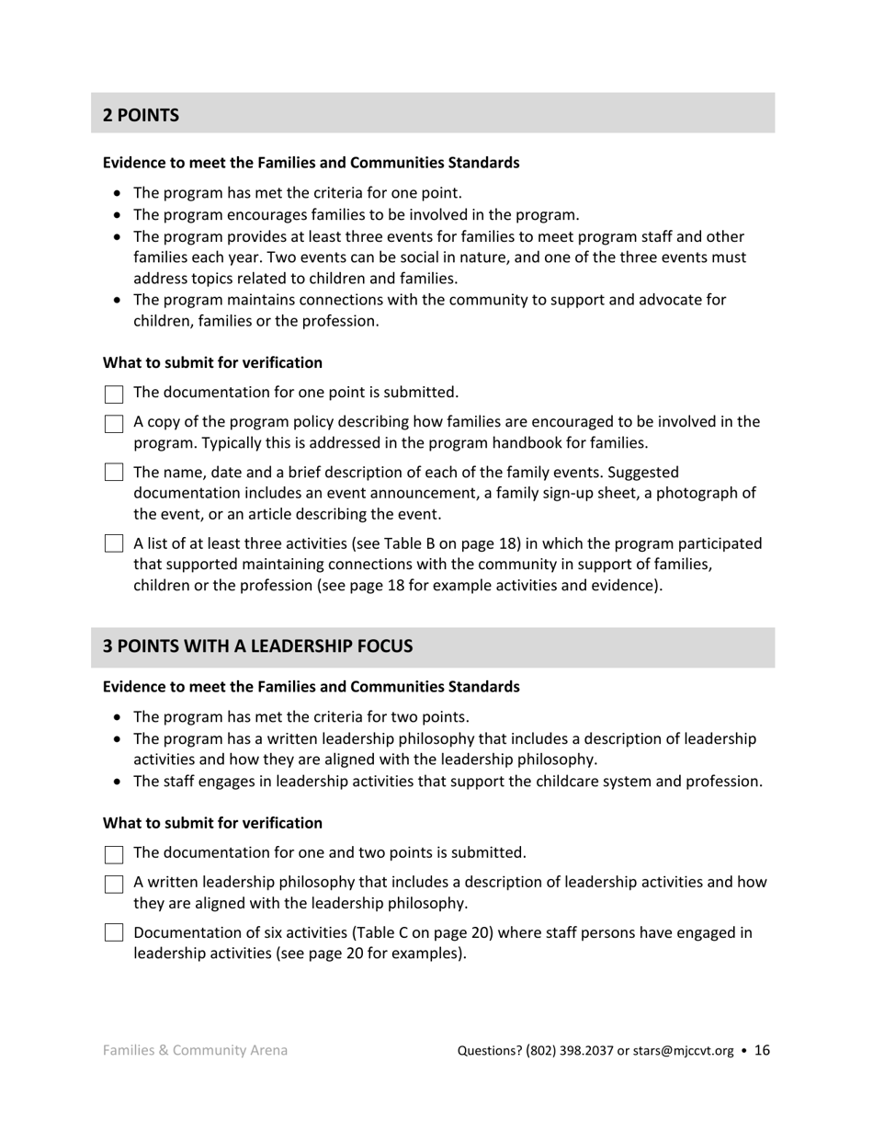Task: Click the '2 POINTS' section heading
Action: [x=141, y=115]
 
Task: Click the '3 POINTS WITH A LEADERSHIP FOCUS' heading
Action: [x=257, y=645]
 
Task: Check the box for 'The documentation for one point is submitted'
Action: [x=114, y=394]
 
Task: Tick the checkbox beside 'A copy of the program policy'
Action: [x=114, y=424]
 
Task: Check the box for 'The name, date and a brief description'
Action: [x=114, y=473]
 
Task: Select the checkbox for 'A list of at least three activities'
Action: [x=114, y=543]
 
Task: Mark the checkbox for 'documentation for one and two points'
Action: [x=114, y=854]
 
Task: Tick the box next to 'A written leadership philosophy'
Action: [x=114, y=884]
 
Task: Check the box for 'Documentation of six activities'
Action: [x=114, y=932]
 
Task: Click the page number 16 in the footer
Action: [x=762, y=1050]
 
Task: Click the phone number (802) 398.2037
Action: [x=569, y=1051]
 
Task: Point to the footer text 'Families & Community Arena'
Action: [x=195, y=1050]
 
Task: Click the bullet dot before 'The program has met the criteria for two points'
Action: [x=117, y=717]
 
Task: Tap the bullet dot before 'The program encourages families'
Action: [x=117, y=215]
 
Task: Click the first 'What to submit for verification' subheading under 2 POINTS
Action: [x=212, y=362]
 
